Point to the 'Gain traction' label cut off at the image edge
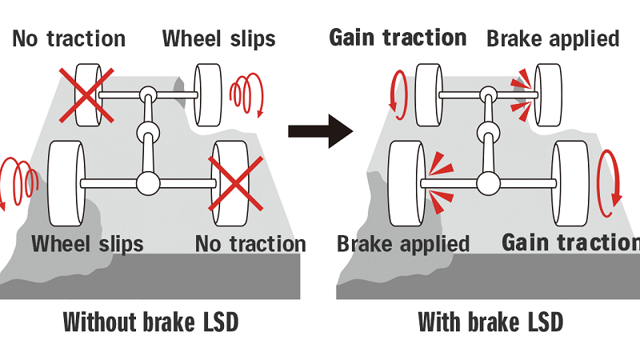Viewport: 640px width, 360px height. coord(570,242)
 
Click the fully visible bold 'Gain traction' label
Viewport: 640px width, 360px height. coord(398,37)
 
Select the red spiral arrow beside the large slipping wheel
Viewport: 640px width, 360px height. coord(18,182)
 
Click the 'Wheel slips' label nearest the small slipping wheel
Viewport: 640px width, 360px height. coord(219,38)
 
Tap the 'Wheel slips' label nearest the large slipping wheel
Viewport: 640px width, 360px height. coord(87,243)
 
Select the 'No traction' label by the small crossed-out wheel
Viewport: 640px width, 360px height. coord(69,38)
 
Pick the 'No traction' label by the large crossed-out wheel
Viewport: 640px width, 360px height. coord(250,243)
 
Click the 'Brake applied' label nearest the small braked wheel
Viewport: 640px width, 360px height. coord(553,38)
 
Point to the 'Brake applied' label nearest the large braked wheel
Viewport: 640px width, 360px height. coord(403,243)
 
